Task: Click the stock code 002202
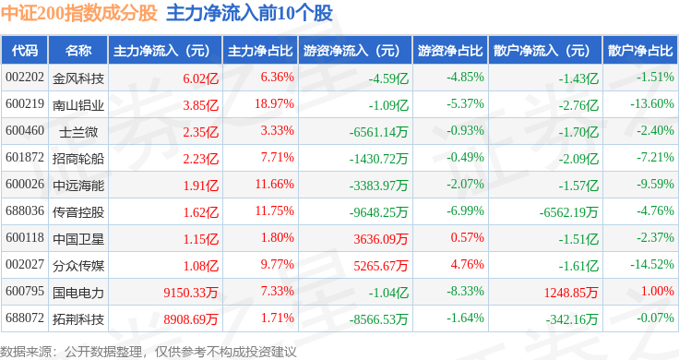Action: [x=25, y=78]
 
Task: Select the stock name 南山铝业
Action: [x=78, y=105]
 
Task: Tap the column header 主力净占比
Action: [x=260, y=51]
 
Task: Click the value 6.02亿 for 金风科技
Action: [x=200, y=78]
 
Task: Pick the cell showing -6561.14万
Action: [x=378, y=132]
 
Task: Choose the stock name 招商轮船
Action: [x=78, y=159]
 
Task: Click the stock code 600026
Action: [x=25, y=184]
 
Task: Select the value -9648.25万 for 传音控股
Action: [x=378, y=212]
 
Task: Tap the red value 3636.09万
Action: [x=381, y=239]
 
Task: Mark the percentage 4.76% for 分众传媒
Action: [x=467, y=264]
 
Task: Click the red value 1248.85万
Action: [x=571, y=293]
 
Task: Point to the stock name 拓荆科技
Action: [x=78, y=319]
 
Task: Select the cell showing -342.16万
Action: [x=572, y=319]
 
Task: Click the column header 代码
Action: [x=25, y=51]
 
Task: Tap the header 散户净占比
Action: [x=640, y=51]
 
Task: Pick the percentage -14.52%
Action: [x=651, y=264]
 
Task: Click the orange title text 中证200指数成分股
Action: [x=78, y=13]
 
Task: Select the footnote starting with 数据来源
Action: [x=149, y=352]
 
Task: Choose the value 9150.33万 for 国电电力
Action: [x=191, y=293]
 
